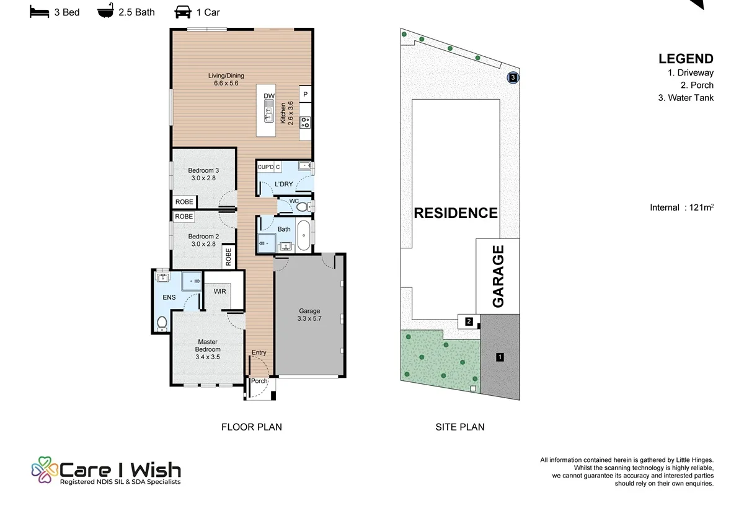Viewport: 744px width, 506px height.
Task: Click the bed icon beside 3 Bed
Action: coord(39,12)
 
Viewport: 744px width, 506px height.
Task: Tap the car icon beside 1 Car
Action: coord(183,12)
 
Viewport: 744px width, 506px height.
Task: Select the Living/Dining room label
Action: coord(226,79)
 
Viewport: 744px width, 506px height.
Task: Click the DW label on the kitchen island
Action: coord(269,96)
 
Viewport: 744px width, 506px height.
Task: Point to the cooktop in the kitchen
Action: coord(305,123)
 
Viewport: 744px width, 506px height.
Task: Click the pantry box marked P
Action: coord(305,94)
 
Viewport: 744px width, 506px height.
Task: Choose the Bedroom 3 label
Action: coord(203,174)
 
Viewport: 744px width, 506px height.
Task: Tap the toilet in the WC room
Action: coord(304,207)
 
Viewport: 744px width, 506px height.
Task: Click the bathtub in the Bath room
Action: coord(304,235)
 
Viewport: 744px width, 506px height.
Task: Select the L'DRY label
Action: coord(284,184)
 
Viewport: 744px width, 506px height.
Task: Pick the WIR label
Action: coord(220,291)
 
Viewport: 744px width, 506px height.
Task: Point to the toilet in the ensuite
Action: coord(162,323)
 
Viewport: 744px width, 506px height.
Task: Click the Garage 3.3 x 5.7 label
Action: coord(309,315)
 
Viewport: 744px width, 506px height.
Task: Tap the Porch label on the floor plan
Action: coord(259,381)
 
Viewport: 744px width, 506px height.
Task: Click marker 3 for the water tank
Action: coord(513,77)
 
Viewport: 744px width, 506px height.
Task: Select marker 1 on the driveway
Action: coord(500,357)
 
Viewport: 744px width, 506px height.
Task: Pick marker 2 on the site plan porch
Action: coord(469,321)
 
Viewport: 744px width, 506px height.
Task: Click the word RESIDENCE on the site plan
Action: coord(456,213)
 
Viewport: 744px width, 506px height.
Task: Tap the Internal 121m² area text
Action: coord(681,207)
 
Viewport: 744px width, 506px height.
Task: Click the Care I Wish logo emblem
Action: coord(45,469)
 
